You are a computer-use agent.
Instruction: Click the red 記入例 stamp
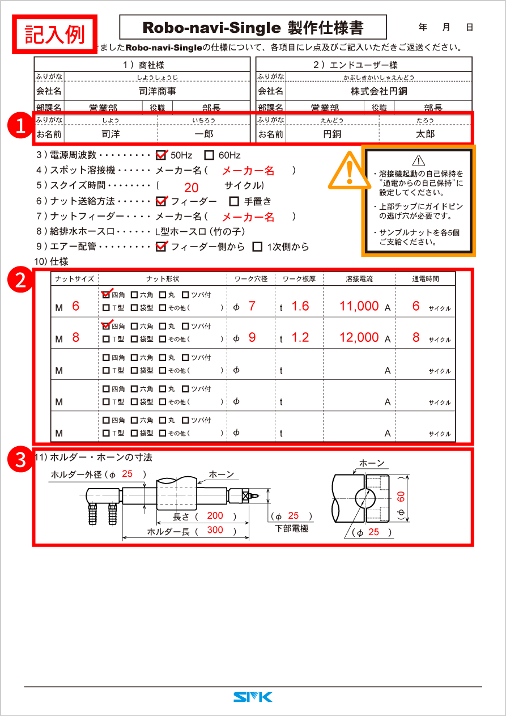[55, 33]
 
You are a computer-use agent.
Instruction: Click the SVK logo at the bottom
[253, 697]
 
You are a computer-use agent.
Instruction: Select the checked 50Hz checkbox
[161, 155]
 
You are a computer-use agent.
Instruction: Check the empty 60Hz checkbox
[209, 155]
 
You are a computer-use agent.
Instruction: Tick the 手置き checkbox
[234, 201]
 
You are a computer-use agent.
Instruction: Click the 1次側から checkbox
[257, 247]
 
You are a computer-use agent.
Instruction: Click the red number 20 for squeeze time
[191, 188]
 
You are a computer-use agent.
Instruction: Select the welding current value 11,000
[359, 306]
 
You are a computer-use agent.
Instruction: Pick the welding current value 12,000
[359, 337]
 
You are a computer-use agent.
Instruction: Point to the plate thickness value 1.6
[300, 306]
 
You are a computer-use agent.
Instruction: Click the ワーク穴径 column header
[251, 279]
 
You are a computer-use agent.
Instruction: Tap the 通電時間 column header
[425, 279]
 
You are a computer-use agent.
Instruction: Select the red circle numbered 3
[20, 460]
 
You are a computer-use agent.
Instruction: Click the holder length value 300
[215, 530]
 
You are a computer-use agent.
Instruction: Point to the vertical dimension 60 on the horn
[400, 497]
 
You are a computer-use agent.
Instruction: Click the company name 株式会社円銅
[379, 91]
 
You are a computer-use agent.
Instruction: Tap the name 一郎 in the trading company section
[203, 134]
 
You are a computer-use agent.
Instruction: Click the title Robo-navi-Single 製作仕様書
[253, 27]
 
